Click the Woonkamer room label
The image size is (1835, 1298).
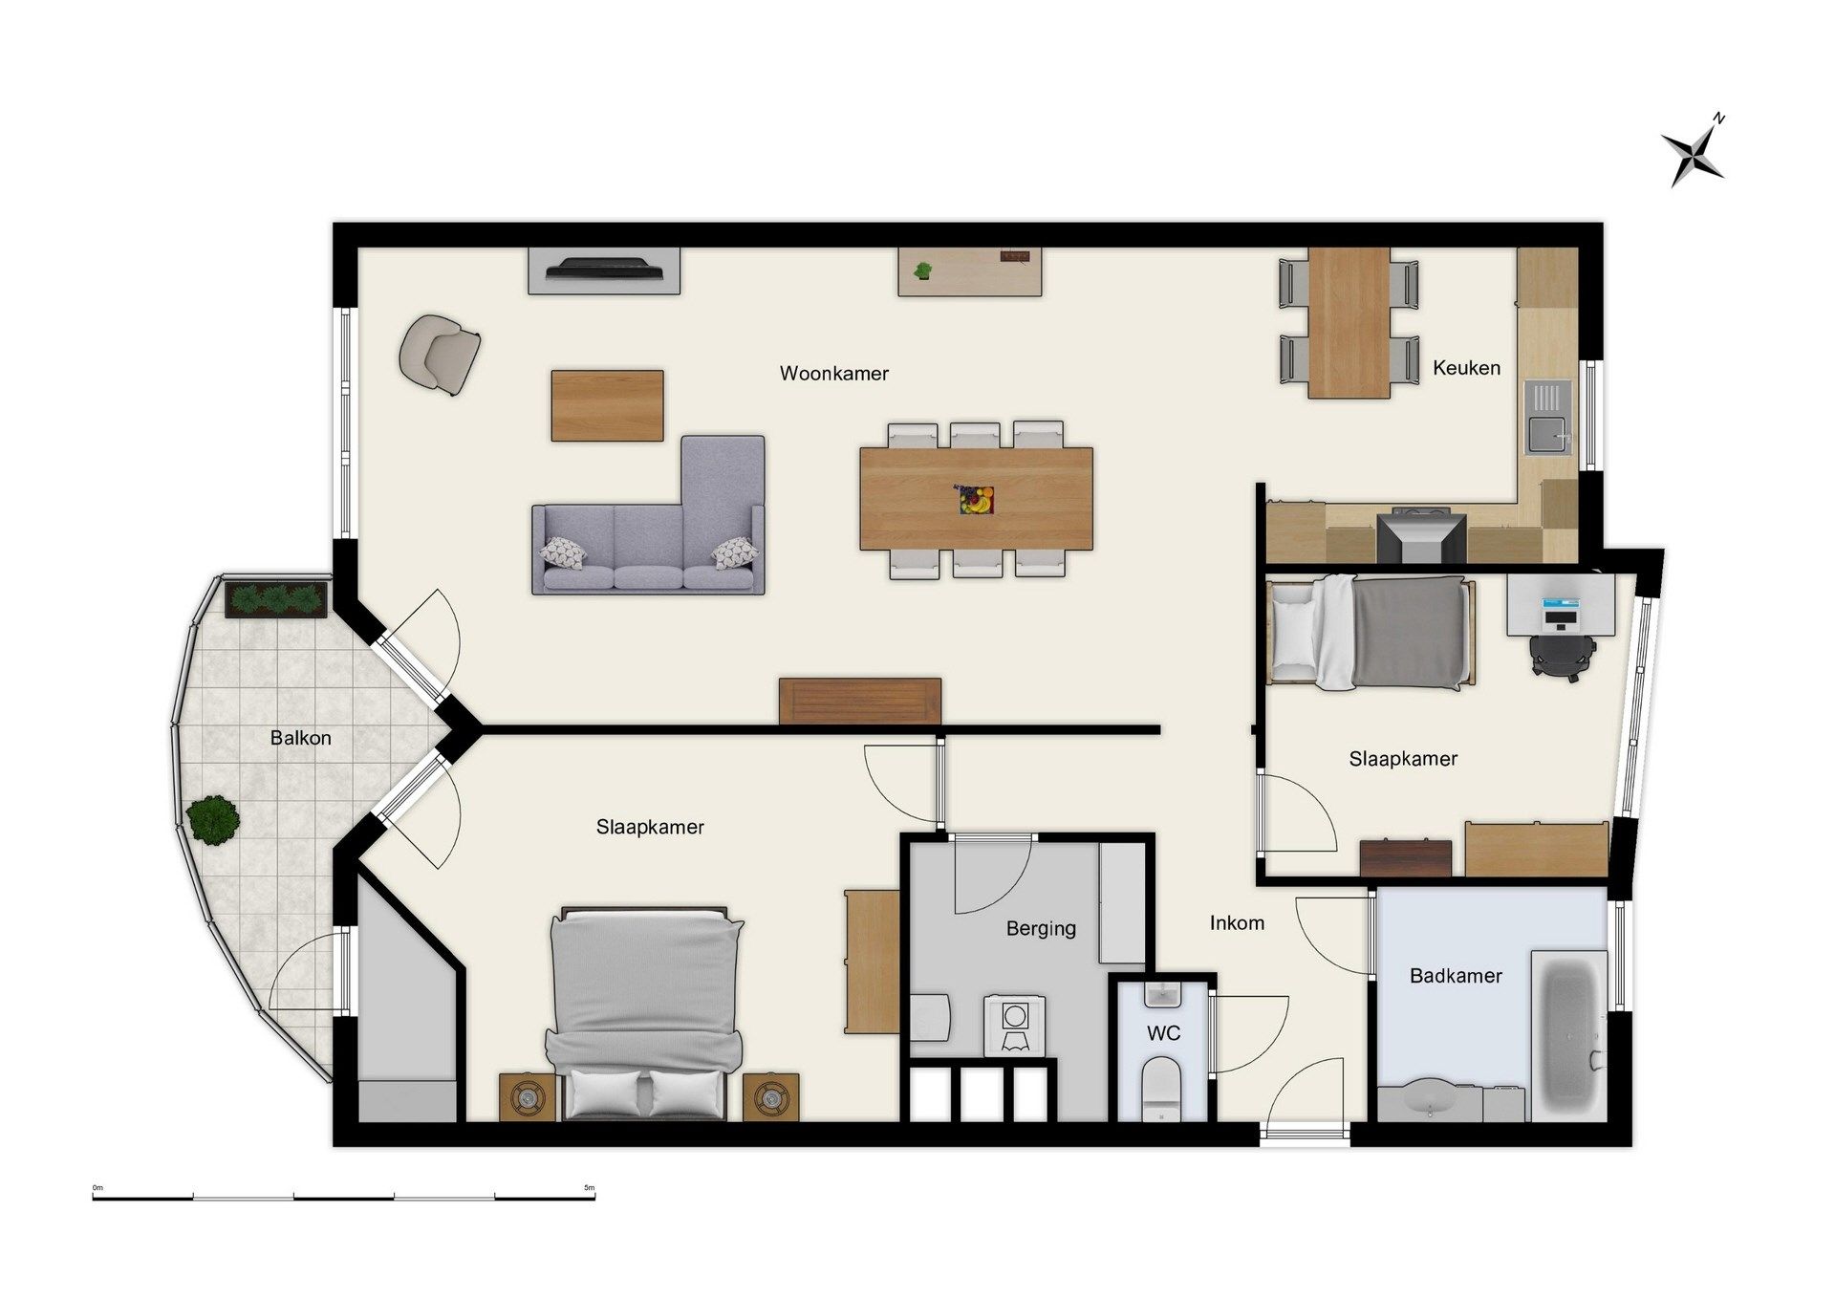pos(833,374)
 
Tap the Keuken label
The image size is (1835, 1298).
pos(1466,368)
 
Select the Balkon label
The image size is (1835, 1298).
pos(300,738)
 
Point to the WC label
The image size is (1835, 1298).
pos(1163,1033)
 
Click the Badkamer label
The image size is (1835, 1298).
pos(1456,976)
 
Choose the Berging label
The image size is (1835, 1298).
pos(1041,929)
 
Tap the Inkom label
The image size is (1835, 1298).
pos(1237,923)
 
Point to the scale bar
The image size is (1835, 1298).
pos(344,1196)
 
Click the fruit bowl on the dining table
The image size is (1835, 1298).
pos(976,499)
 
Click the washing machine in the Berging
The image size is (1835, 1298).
pos(1014,1025)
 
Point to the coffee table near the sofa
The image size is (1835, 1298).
pos(607,405)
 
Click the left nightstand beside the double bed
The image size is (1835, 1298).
pos(527,1097)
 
